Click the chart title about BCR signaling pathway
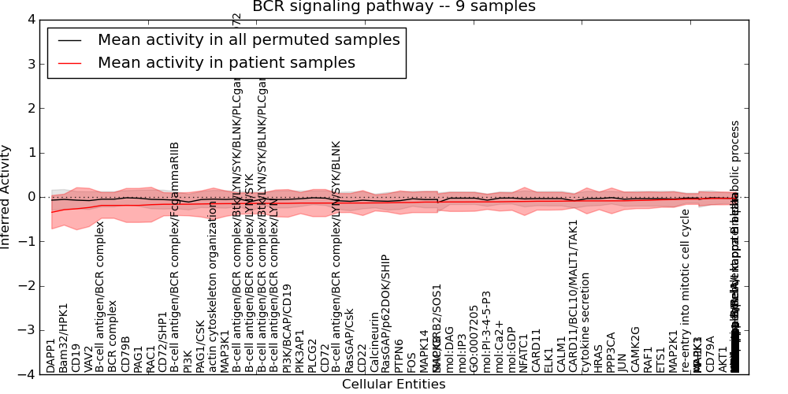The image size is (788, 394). pyautogui.click(x=393, y=6)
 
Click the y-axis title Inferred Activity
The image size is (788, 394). pyautogui.click(x=6, y=196)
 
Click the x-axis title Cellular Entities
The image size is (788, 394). pyautogui.click(x=393, y=385)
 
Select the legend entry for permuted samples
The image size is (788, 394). pyautogui.click(x=248, y=40)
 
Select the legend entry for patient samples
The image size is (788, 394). pyautogui.click(x=226, y=63)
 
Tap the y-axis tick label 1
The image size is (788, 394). pyautogui.click(x=32, y=153)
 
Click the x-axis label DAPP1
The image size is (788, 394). pyautogui.click(x=51, y=356)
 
